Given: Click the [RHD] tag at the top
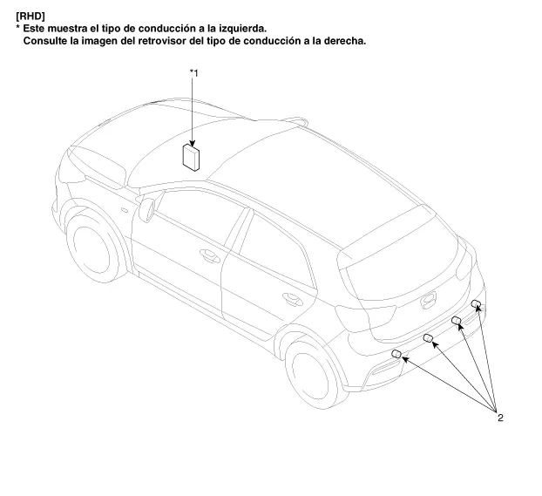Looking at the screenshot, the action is click(x=30, y=17).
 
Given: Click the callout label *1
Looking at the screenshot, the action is click(x=194, y=73).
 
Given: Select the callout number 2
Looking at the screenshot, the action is click(x=500, y=418).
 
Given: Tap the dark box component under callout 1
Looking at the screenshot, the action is click(x=191, y=158).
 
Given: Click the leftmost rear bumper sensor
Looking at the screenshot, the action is click(x=396, y=354).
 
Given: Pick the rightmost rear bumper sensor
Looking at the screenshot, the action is click(x=476, y=303).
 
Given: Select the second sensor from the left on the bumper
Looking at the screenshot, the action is click(x=428, y=338).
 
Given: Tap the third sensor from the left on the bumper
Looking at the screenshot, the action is click(x=457, y=320).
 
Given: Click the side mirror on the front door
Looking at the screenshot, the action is click(x=146, y=209).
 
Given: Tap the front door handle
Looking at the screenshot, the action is click(x=209, y=256).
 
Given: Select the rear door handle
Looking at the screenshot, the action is click(x=292, y=299).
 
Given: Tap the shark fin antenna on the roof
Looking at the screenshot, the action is click(x=295, y=120).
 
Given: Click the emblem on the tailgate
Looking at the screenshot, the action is click(x=429, y=300).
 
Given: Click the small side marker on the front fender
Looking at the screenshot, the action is click(x=125, y=210).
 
